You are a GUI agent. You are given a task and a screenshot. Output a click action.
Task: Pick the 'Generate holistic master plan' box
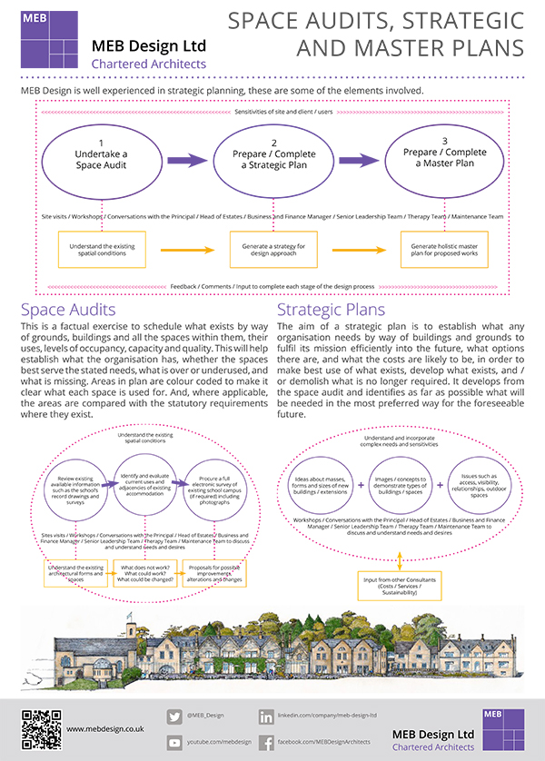(x=439, y=251)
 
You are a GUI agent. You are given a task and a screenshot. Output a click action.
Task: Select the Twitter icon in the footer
(x=175, y=716)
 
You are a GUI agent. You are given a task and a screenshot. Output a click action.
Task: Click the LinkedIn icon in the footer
(x=267, y=716)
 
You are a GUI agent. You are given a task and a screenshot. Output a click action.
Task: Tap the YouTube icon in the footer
(x=175, y=742)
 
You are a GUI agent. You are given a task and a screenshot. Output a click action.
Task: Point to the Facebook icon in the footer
(x=267, y=742)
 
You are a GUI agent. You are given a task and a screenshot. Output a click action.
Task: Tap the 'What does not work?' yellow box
(x=144, y=574)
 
